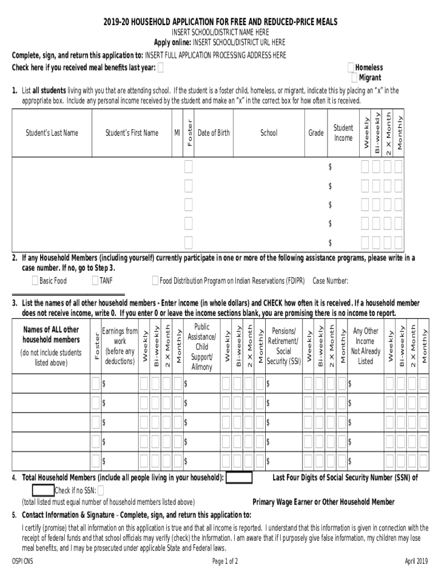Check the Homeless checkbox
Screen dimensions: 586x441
pyautogui.click(x=351, y=68)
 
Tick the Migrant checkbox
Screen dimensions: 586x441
pyautogui.click(x=355, y=78)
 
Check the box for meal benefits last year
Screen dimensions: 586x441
pyautogui.click(x=160, y=68)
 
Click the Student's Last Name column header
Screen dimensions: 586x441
pyautogui.click(x=52, y=133)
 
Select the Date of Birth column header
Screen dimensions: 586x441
pyautogui.click(x=213, y=133)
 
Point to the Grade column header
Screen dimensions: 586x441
pyautogui.click(x=316, y=133)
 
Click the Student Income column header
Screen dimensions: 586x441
pyautogui.click(x=343, y=133)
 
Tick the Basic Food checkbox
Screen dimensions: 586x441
pyautogui.click(x=35, y=280)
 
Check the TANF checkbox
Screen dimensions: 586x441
pyautogui.click(x=95, y=280)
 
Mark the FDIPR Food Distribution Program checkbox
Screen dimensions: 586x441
pyautogui.click(x=155, y=280)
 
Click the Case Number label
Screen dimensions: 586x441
pyautogui.click(x=330, y=280)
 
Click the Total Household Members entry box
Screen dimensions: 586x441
pyautogui.click(x=239, y=478)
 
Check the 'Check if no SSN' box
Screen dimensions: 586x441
pyautogui.click(x=101, y=490)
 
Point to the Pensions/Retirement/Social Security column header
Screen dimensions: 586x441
pyautogui.click(x=283, y=346)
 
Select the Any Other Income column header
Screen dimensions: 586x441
pyautogui.click(x=365, y=346)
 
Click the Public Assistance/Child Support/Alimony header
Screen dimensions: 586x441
pyautogui.click(x=202, y=346)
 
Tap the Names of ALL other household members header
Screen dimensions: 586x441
pyautogui.click(x=51, y=346)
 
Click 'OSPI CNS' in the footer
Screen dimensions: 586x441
pyautogui.click(x=23, y=561)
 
